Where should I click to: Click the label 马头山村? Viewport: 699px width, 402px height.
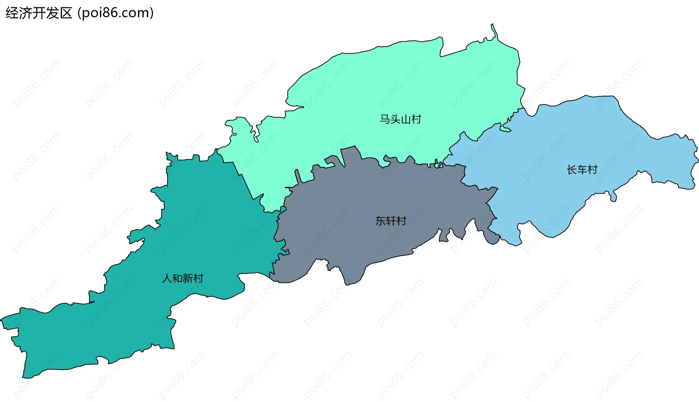[400, 119]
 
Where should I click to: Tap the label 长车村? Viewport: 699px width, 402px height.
[582, 169]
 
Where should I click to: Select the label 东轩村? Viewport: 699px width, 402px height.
[391, 221]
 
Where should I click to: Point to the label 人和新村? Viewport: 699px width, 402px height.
[182, 278]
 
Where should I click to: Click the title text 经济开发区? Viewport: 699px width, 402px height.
[39, 13]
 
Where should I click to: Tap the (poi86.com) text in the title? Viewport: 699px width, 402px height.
[116, 13]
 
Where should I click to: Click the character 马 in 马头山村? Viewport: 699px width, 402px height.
[385, 119]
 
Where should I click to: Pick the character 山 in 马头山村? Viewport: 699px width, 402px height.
[406, 119]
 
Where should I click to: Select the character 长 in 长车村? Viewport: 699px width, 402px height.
[572, 169]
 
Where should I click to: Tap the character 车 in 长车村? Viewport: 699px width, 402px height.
[582, 169]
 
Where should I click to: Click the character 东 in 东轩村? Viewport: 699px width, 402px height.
[380, 221]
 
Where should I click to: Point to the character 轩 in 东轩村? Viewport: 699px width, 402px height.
[391, 221]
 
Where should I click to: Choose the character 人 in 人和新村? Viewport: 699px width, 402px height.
[167, 278]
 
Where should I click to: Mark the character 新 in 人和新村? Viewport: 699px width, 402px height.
[188, 278]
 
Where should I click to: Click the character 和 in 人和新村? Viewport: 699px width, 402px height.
[177, 278]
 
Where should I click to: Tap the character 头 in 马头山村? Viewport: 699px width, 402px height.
[395, 119]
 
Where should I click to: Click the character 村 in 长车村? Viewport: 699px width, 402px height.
[592, 169]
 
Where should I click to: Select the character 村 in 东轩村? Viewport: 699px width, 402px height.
[401, 221]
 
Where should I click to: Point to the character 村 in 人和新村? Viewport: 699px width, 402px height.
[198, 278]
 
